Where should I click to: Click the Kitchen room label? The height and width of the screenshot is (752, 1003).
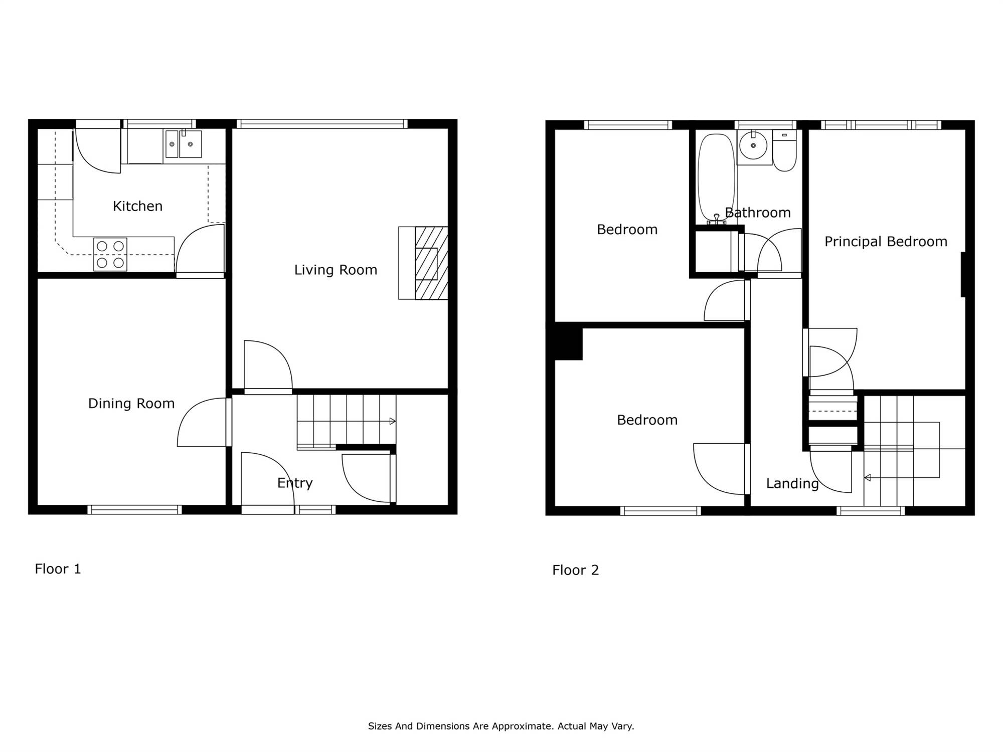pyautogui.click(x=137, y=206)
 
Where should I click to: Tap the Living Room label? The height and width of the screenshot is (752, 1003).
pyautogui.click(x=336, y=270)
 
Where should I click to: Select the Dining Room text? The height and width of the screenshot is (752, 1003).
pyautogui.click(x=131, y=404)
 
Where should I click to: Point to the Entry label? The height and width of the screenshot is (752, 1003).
pyautogui.click(x=295, y=483)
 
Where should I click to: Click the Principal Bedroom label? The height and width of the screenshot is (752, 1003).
pyautogui.click(x=886, y=242)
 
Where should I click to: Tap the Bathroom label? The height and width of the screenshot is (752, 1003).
pyautogui.click(x=758, y=213)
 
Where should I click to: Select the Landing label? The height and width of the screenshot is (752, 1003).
pyautogui.click(x=792, y=483)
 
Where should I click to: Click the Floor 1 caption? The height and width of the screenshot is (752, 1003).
pyautogui.click(x=58, y=569)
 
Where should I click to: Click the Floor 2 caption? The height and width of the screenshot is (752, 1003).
pyautogui.click(x=575, y=570)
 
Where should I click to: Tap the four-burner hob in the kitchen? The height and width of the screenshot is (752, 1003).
pyautogui.click(x=110, y=254)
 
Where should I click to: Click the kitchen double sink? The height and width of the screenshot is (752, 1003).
pyautogui.click(x=184, y=144)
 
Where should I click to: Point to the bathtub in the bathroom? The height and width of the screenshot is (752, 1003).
pyautogui.click(x=717, y=178)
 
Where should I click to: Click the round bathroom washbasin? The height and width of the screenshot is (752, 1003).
pyautogui.click(x=753, y=145)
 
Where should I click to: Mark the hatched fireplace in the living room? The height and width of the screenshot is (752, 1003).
pyautogui.click(x=431, y=263)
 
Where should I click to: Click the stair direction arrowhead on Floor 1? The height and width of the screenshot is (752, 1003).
pyautogui.click(x=393, y=421)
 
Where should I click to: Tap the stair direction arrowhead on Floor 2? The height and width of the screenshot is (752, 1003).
pyautogui.click(x=867, y=478)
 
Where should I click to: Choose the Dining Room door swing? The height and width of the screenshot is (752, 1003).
pyautogui.click(x=202, y=422)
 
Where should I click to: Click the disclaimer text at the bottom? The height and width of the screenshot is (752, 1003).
pyautogui.click(x=501, y=726)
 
